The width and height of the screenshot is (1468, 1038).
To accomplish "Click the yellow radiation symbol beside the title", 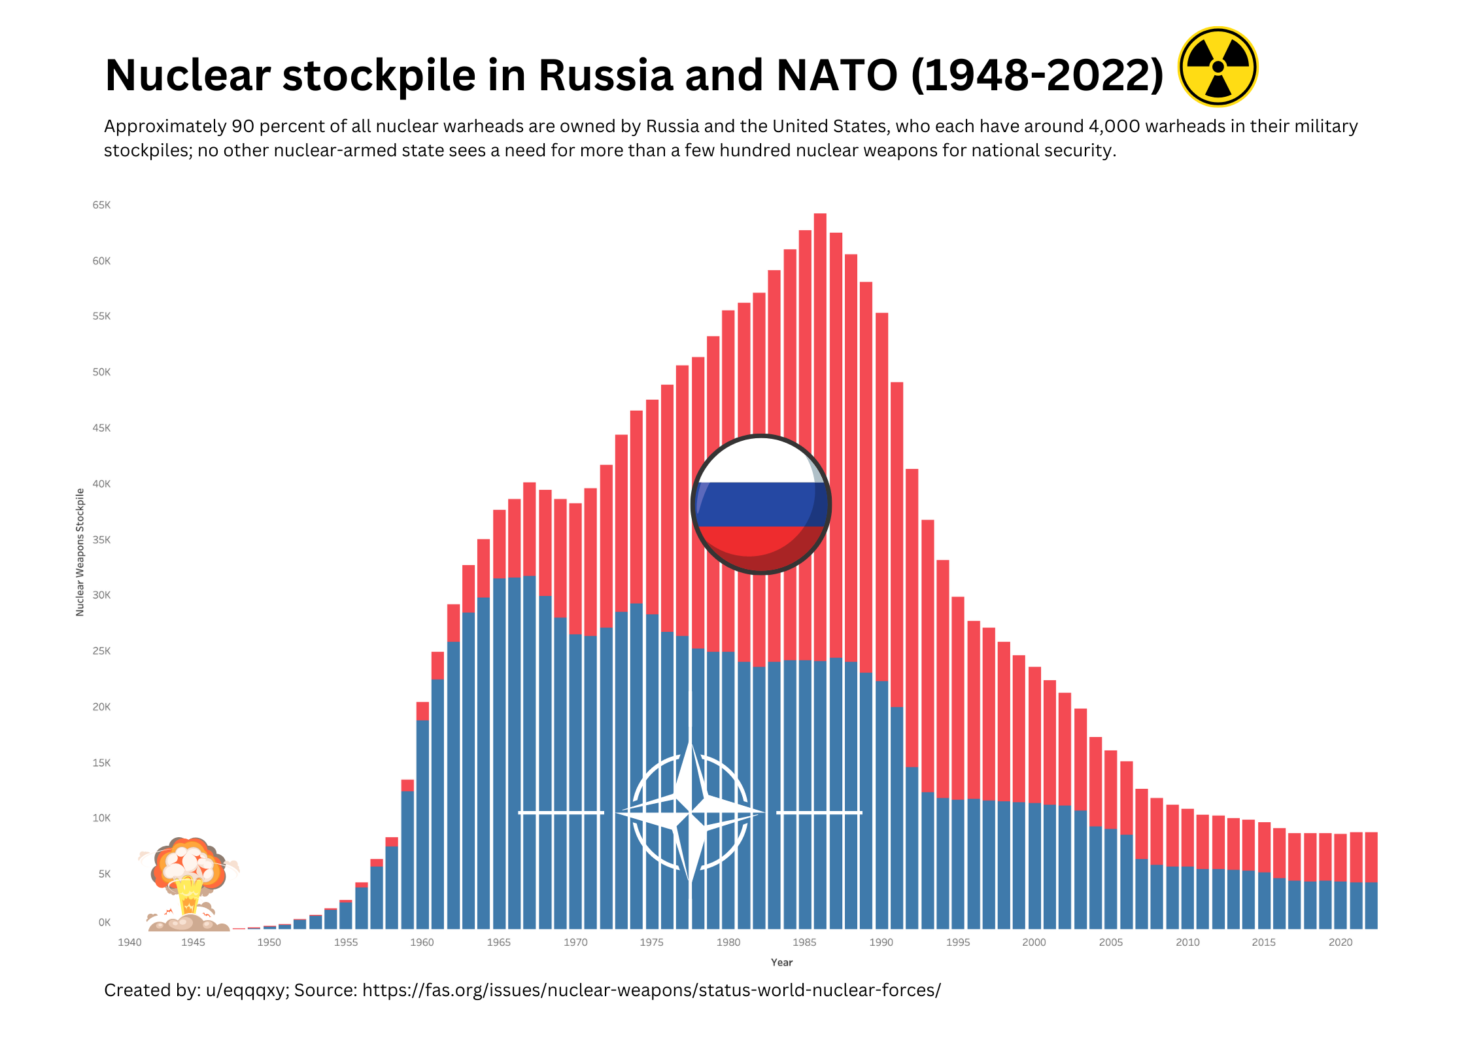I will click(1218, 67).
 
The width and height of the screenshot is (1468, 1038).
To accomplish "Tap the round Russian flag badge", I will click(760, 504).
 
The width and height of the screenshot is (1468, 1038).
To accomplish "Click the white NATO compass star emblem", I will click(691, 813).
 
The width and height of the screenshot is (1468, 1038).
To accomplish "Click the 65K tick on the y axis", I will click(101, 205).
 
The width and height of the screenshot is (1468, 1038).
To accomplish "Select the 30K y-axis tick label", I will click(101, 595).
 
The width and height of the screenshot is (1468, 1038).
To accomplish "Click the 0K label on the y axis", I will click(104, 923).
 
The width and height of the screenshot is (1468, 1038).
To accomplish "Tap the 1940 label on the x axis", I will click(129, 943).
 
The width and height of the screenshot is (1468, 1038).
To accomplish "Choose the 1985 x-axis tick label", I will click(804, 943).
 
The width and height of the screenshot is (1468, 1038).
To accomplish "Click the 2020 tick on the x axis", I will click(1340, 943).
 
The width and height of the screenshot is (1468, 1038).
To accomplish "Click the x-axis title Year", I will click(781, 962).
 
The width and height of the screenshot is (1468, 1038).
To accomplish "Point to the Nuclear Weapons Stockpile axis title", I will click(80, 552).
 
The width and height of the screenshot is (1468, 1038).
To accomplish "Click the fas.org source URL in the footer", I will click(651, 990).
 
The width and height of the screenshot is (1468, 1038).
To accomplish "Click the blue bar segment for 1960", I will click(422, 824).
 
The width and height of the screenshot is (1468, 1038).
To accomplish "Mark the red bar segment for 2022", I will click(1371, 857).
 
